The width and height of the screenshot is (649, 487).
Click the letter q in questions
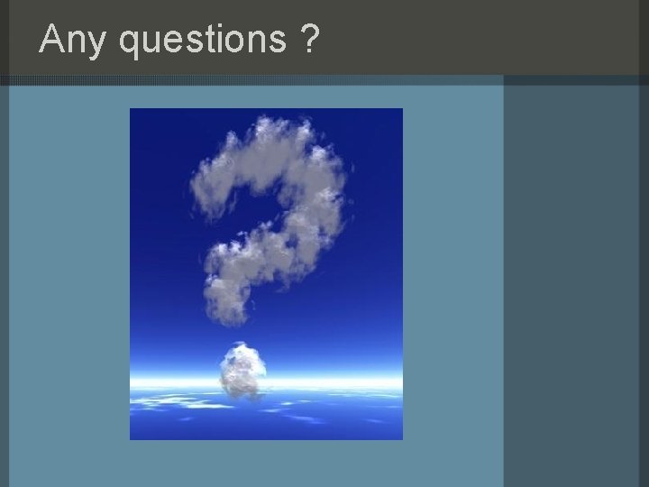[127, 43]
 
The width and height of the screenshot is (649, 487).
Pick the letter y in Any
[97, 43]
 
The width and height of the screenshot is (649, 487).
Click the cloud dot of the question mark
[242, 369]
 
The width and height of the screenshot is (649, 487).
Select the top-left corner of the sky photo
[132, 110]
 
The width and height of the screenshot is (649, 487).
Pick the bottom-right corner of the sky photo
[401, 438]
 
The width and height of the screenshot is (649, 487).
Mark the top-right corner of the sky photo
[401, 110]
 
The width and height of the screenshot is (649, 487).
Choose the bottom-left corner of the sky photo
[132, 438]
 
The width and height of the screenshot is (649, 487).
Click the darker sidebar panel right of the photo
[575, 271]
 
